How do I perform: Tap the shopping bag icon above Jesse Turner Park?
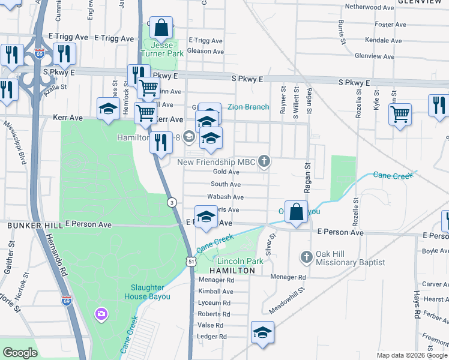[x=161, y=27]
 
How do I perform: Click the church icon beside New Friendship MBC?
[x=264, y=161]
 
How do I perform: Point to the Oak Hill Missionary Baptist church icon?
[x=306, y=256]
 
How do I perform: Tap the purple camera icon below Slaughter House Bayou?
[x=101, y=313]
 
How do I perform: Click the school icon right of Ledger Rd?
[x=263, y=332]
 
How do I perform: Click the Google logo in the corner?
[x=20, y=353]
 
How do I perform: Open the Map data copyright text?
[x=412, y=355]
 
